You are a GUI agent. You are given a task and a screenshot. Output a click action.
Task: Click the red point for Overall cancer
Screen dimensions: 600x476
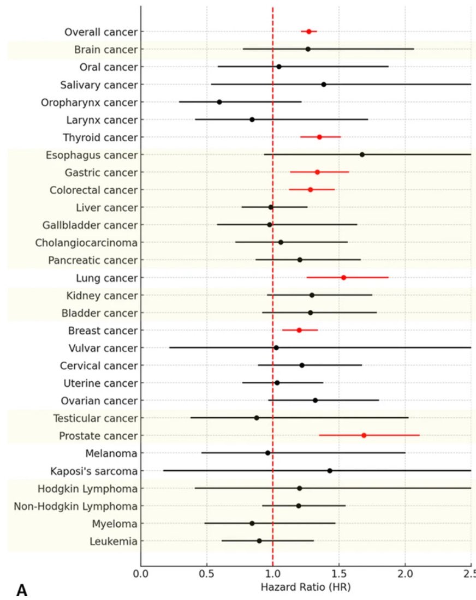point(308,32)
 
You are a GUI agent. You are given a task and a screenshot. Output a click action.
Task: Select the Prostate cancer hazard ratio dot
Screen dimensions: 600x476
point(364,435)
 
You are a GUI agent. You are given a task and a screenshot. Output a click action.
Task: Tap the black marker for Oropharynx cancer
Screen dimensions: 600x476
point(219,102)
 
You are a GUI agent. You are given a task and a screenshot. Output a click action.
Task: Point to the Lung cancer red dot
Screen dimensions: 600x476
point(343,278)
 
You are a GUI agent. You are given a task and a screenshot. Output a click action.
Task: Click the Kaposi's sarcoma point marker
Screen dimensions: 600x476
point(330,470)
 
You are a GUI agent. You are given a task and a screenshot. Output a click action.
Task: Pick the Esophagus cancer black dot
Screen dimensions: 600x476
point(362,154)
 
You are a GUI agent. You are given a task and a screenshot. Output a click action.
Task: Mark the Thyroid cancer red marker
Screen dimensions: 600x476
point(319,137)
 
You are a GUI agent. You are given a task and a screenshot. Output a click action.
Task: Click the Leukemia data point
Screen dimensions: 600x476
point(259,541)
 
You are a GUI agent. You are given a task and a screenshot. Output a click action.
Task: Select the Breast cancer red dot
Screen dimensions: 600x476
point(299,330)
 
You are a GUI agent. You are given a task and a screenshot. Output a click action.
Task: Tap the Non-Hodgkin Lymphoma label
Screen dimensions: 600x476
point(75,506)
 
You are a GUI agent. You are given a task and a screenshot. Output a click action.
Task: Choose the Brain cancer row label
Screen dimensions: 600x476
point(106,50)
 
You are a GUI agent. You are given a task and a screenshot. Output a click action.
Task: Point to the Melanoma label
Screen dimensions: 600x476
point(111,453)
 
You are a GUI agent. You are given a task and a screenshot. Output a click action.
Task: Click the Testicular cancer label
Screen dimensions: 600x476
point(95,418)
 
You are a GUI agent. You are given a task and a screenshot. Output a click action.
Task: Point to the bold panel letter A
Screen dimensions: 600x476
point(22,590)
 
